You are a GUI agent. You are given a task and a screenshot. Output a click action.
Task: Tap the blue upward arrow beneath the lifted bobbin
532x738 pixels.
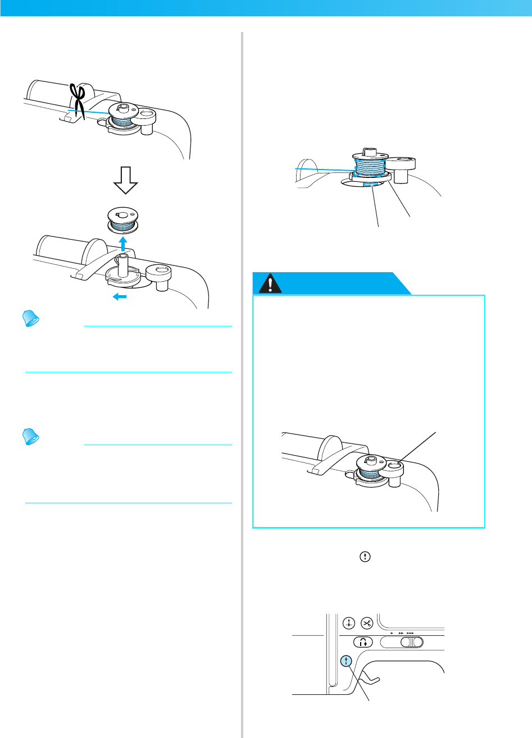122,243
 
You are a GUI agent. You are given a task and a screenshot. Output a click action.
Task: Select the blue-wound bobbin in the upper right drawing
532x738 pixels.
368,167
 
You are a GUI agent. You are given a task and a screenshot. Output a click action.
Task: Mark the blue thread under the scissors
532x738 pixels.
90,114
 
